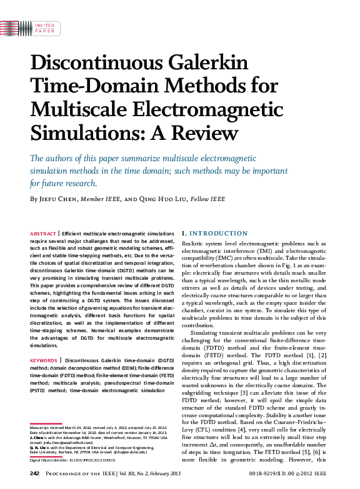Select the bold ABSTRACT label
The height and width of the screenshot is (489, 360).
pos(42,233)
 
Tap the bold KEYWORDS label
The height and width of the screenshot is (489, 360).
pos(44,361)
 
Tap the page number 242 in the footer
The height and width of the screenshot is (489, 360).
pos(35,475)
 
